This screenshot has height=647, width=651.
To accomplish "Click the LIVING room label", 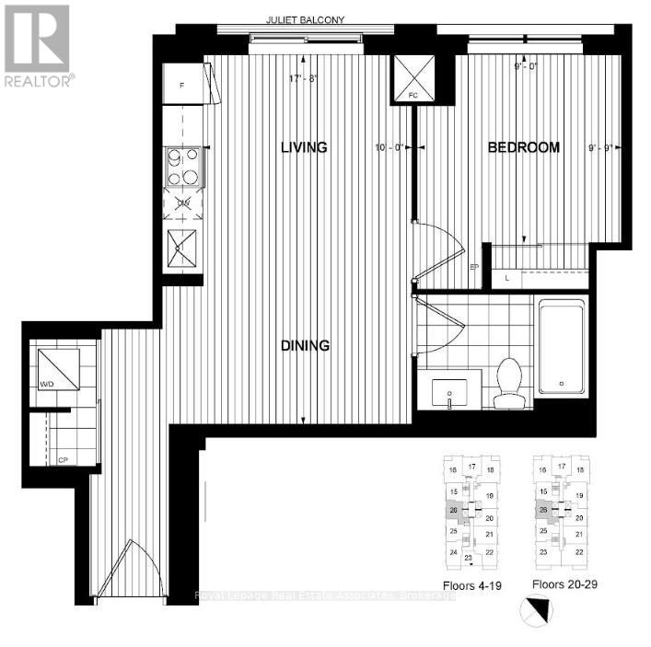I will pos(304,147).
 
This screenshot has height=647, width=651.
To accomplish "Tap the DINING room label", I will pos(305,345).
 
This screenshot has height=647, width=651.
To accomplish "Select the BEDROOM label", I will pos(523,147).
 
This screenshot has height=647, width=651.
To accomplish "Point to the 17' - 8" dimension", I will pos(303,78).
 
